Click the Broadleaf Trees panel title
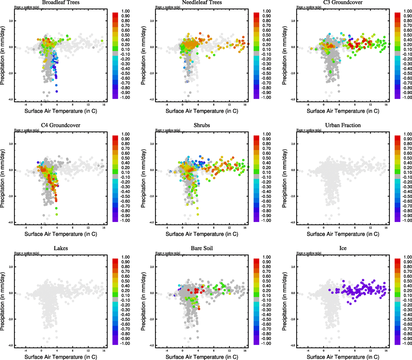(x=61, y=2)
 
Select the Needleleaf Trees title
(x=202, y=2)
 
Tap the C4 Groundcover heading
(x=61, y=125)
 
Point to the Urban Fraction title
(x=343, y=125)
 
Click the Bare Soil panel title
(x=202, y=248)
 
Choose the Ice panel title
(x=343, y=248)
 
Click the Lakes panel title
(x=61, y=248)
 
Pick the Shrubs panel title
(x=202, y=125)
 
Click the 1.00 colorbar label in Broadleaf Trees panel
(x=125, y=11)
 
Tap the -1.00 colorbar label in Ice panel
(x=407, y=343)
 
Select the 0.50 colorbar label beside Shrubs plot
(x=266, y=158)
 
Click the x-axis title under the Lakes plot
(x=61, y=357)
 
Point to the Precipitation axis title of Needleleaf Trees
(x=143, y=55)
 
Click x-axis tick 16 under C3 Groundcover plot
(x=386, y=105)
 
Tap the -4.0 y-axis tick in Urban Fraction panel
(x=293, y=223)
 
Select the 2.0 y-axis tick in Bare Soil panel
(x=152, y=267)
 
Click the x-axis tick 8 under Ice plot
(x=355, y=351)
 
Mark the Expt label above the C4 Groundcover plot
(x=27, y=130)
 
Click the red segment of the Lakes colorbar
(x=115, y=261)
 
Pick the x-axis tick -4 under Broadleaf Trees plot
(x=26, y=105)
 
